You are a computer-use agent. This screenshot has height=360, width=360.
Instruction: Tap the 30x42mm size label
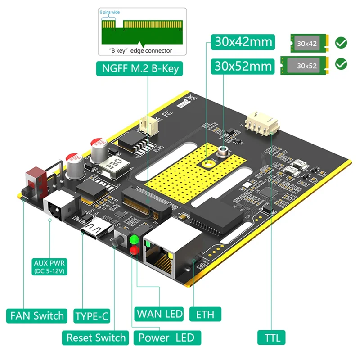243,42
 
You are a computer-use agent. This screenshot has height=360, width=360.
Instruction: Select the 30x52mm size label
243,66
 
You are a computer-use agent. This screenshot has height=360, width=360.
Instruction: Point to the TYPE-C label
91,315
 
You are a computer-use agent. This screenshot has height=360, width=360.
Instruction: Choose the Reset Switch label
96,337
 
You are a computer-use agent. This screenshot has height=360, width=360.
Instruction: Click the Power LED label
166,337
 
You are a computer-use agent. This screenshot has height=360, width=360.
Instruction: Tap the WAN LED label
159,314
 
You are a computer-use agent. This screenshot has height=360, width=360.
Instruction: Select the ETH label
205,314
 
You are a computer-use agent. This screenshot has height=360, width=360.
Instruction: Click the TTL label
271,337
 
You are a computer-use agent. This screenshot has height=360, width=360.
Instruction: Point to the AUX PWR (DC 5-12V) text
49,267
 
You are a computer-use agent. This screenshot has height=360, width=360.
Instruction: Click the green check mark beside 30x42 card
342,43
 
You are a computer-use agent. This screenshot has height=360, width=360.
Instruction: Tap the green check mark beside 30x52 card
342,64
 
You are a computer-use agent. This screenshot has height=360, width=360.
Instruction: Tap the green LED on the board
134,239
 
